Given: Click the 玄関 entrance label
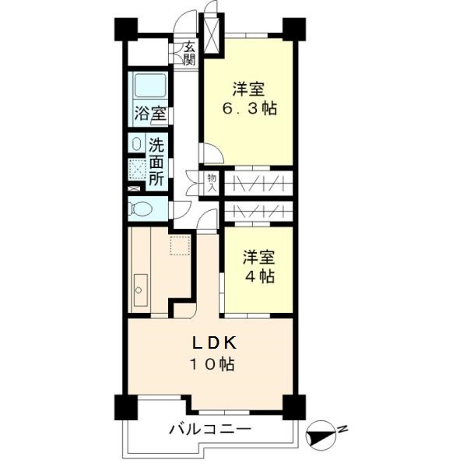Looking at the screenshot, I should (x=190, y=52).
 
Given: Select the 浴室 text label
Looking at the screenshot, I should (x=149, y=112).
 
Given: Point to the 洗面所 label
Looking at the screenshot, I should (x=156, y=161).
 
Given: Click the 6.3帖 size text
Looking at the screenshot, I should (x=248, y=108).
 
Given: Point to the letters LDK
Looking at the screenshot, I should (x=209, y=343).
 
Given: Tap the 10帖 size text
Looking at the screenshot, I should (x=209, y=363).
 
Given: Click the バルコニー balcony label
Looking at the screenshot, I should (x=209, y=429).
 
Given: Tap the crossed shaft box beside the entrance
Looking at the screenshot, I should (x=211, y=31).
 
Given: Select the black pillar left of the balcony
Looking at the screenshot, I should (x=123, y=406).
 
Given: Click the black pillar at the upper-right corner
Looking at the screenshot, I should (x=292, y=29).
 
